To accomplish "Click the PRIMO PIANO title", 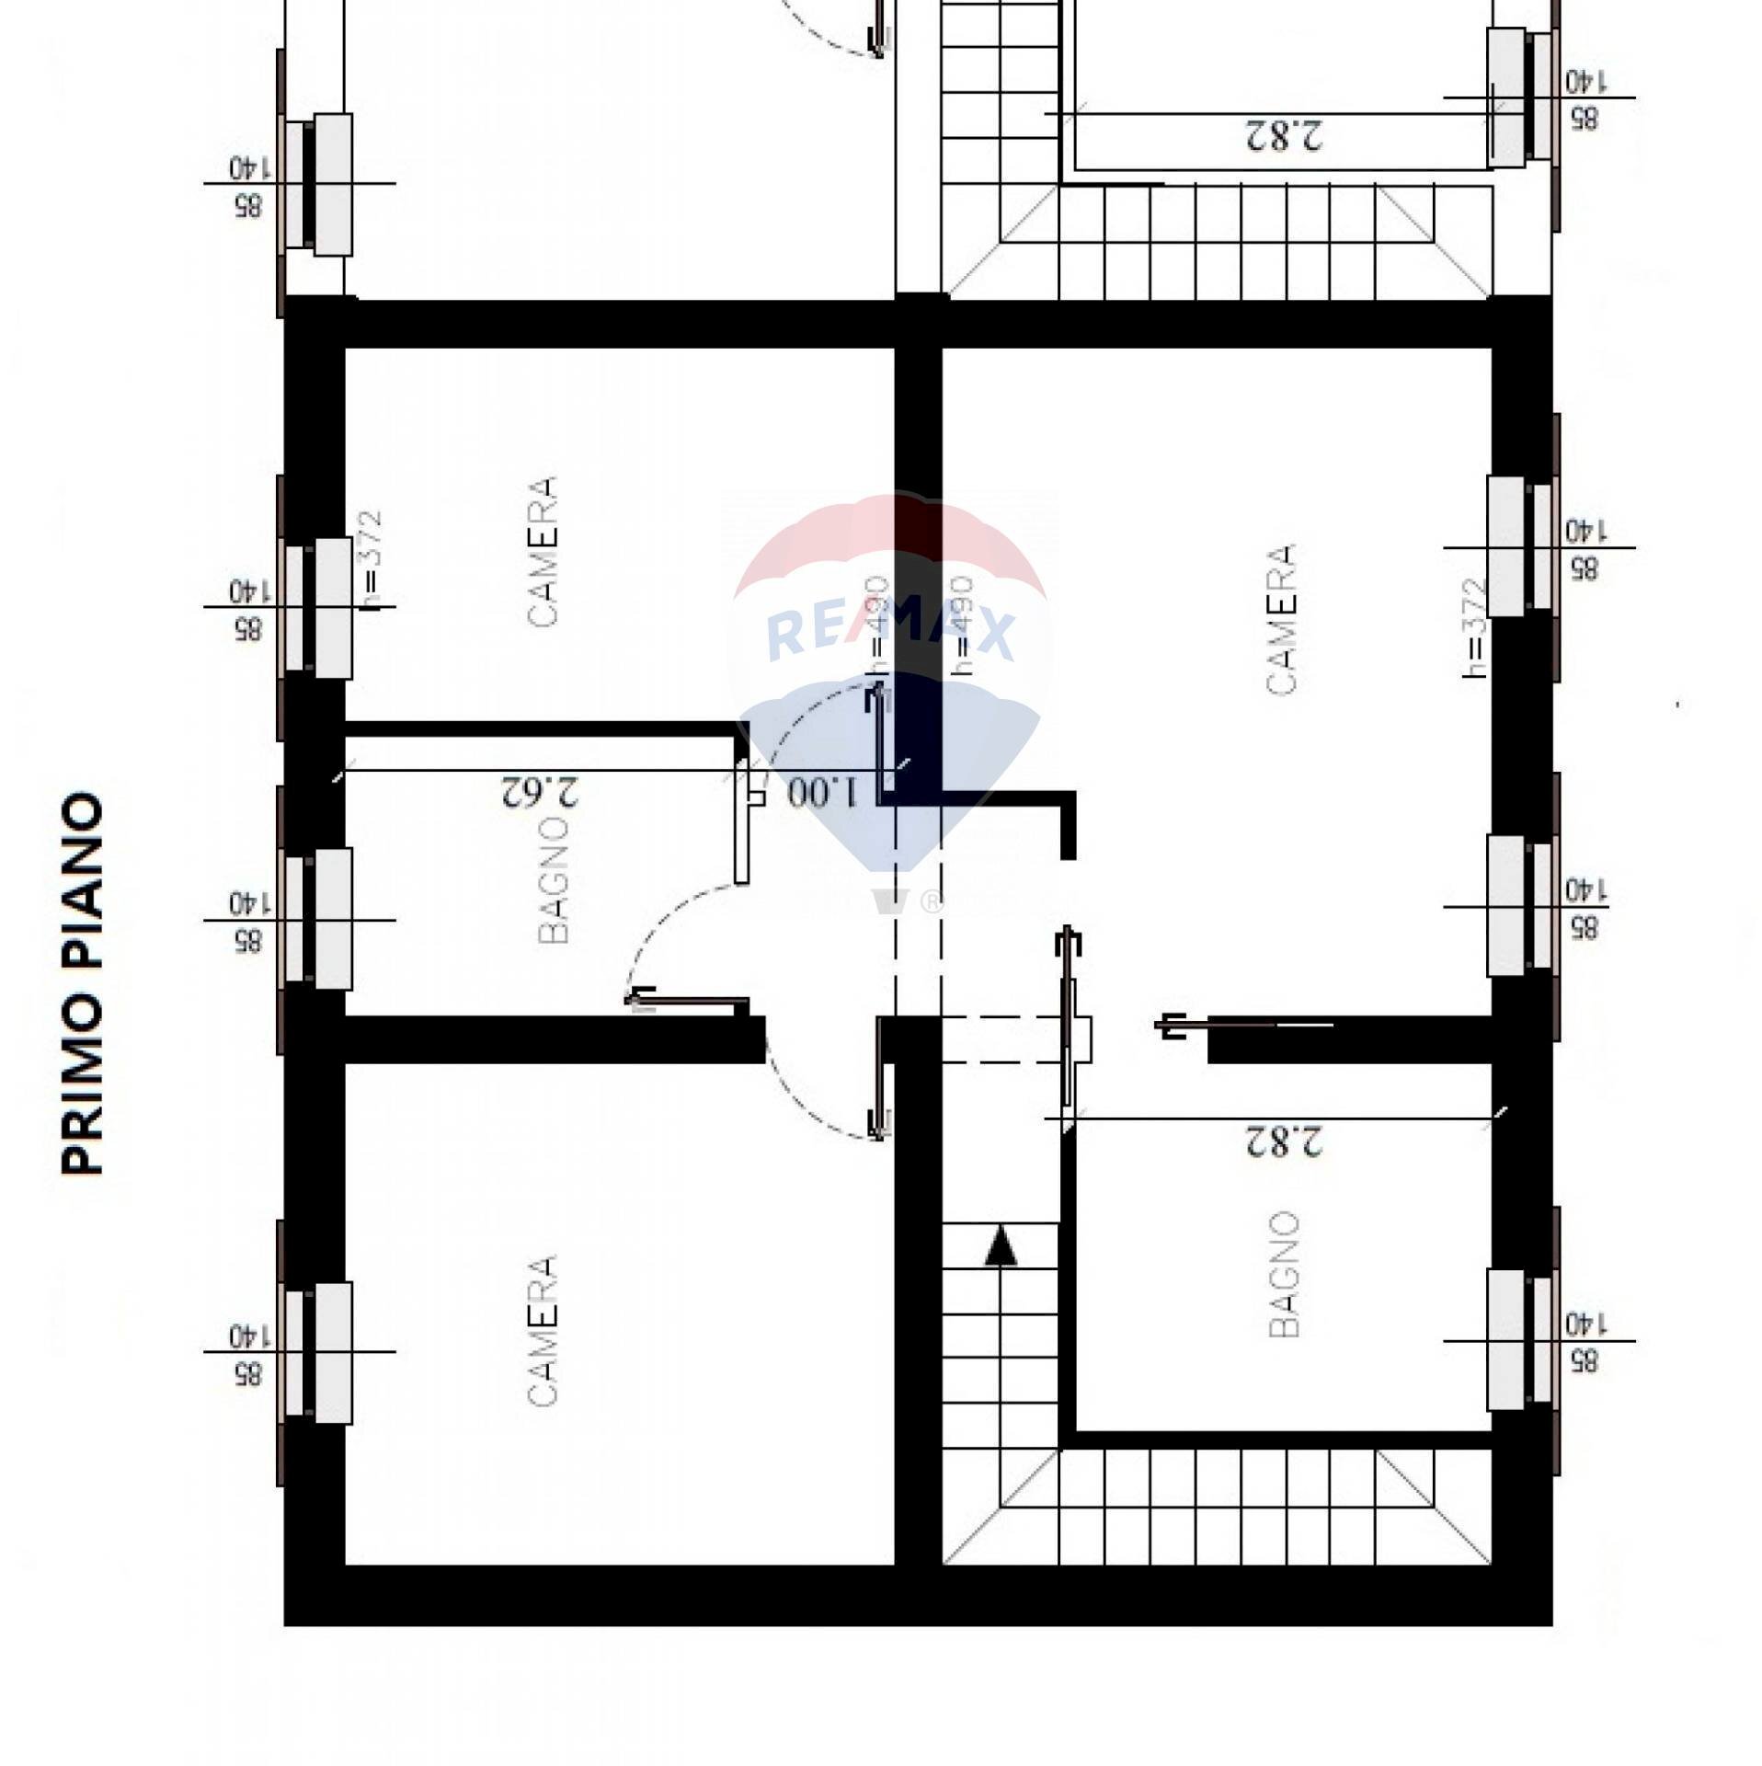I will click(83, 983).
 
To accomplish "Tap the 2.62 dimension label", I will click(540, 792).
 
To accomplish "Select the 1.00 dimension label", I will click(822, 792).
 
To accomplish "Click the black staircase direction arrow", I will click(1001, 1249).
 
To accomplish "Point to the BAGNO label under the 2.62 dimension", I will click(553, 879).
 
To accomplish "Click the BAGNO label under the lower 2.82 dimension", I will click(1284, 1274).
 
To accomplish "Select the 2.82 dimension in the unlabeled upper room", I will click(1284, 135).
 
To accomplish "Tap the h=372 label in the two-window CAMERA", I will click(1474, 627).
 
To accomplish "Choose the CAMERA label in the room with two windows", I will click(1281, 620).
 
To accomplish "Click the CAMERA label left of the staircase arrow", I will click(543, 1330).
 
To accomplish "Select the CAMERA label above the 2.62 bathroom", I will click(543, 552).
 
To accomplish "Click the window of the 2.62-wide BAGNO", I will click(318, 918).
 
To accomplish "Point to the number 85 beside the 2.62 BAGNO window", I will click(246, 941).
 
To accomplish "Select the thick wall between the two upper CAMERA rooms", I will click(918, 552).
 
